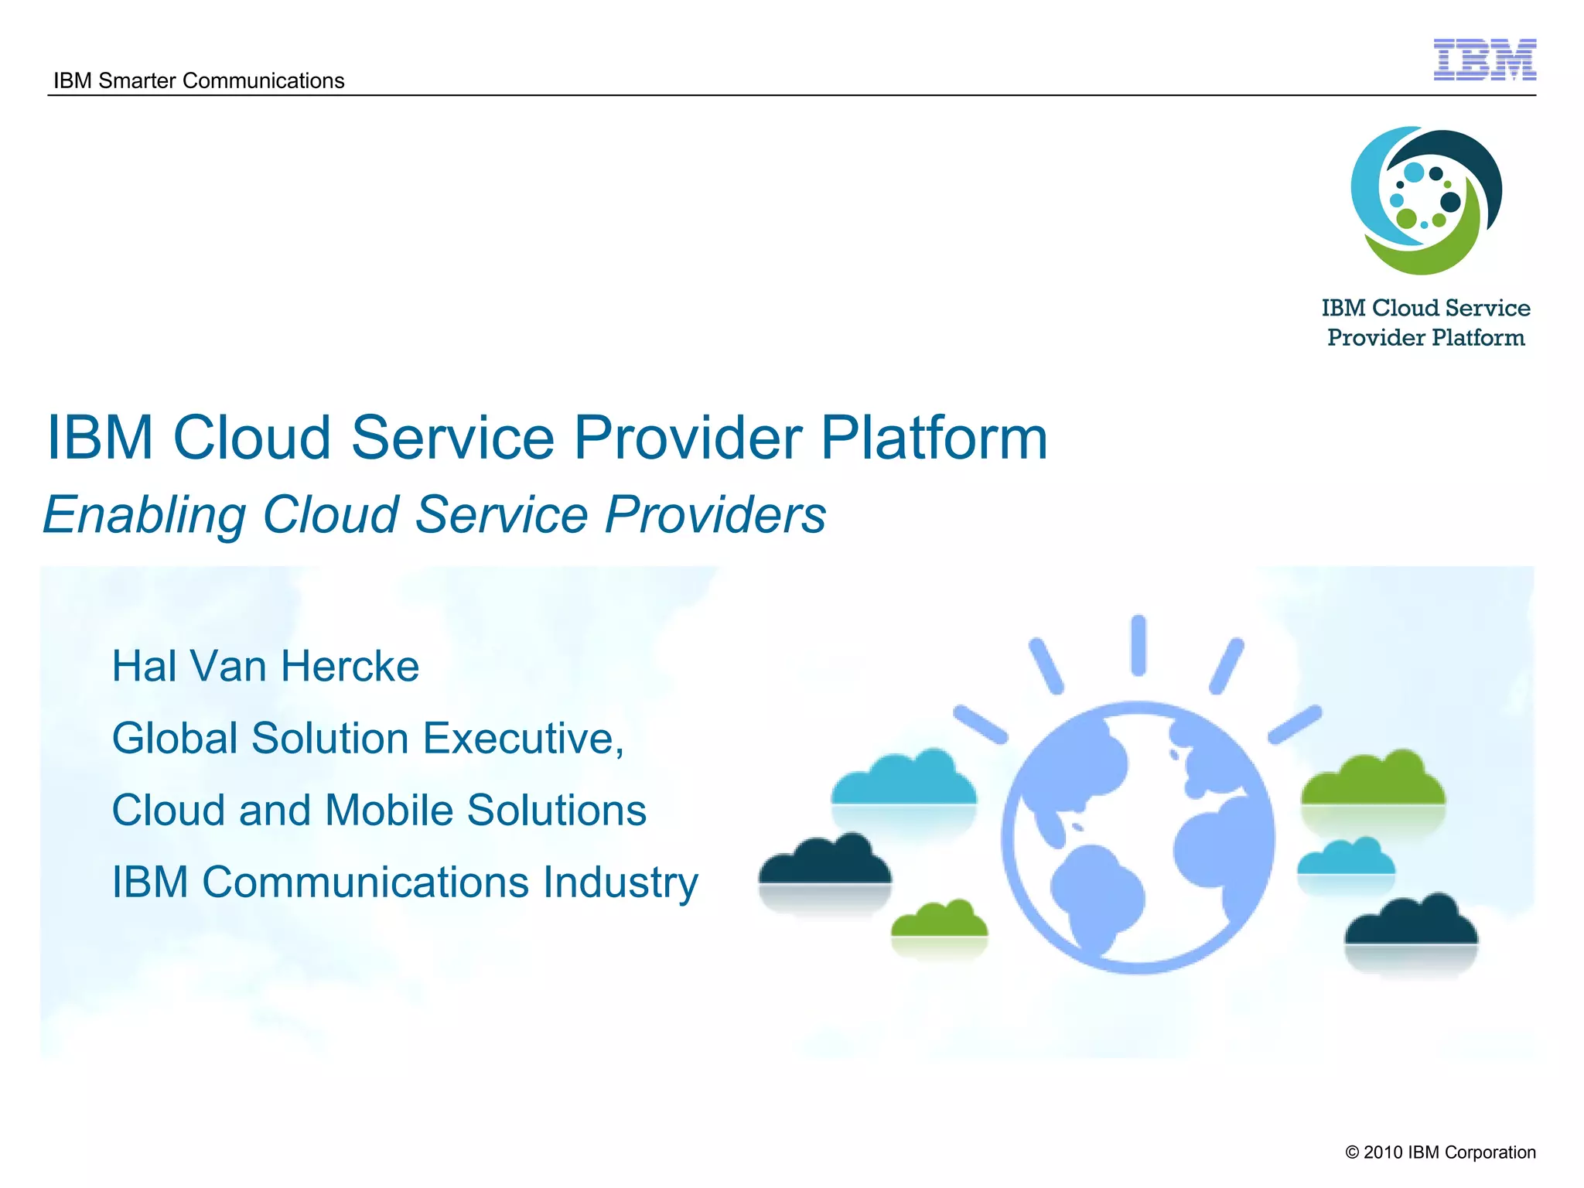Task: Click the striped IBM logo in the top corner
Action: tap(1484, 60)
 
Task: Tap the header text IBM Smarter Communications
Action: tap(199, 80)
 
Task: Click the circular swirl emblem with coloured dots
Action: tap(1425, 200)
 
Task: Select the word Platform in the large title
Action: tap(934, 438)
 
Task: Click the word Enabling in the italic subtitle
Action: tap(145, 515)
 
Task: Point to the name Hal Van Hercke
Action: tap(265, 666)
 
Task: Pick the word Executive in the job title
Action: tap(523, 738)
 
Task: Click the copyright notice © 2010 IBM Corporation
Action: tap(1440, 1152)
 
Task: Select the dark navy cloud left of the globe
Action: tap(824, 862)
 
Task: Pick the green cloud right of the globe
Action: tap(1373, 781)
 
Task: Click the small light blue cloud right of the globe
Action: tap(1346, 858)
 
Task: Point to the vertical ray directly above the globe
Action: tap(1138, 645)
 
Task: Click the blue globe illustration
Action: tap(1138, 838)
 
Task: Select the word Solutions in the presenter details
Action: tap(557, 810)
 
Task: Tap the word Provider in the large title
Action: tap(687, 438)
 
